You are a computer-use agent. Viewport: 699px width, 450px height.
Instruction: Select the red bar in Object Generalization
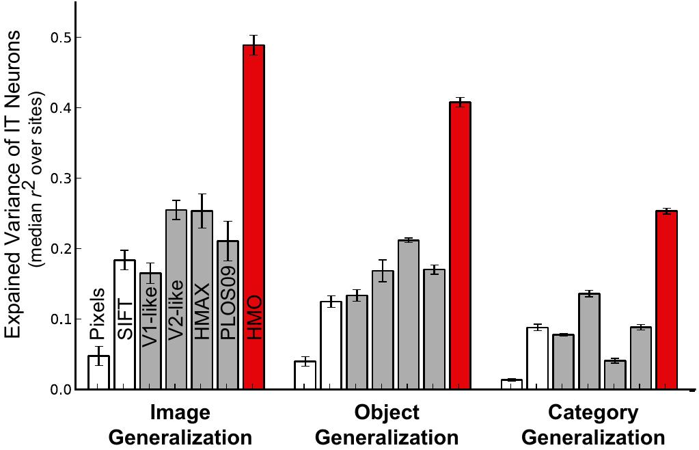pos(460,246)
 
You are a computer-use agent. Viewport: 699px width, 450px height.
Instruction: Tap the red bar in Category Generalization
pos(666,301)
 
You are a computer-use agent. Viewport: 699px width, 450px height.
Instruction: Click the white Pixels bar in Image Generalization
pos(98,373)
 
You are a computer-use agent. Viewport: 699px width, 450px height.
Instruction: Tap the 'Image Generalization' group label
pos(180,425)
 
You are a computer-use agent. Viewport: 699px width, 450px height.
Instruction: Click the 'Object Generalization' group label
pos(387,425)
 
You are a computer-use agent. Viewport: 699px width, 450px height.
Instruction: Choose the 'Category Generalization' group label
pos(593,425)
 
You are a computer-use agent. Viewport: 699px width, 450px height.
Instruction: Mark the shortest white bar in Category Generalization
pos(511,384)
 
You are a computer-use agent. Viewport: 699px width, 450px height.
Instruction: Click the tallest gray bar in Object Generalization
pos(408,315)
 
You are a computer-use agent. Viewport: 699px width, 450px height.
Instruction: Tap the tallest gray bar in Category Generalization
pos(589,342)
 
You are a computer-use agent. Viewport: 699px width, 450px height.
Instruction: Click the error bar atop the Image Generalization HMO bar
pos(254,45)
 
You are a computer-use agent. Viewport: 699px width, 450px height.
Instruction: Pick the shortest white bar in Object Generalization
pos(305,375)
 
